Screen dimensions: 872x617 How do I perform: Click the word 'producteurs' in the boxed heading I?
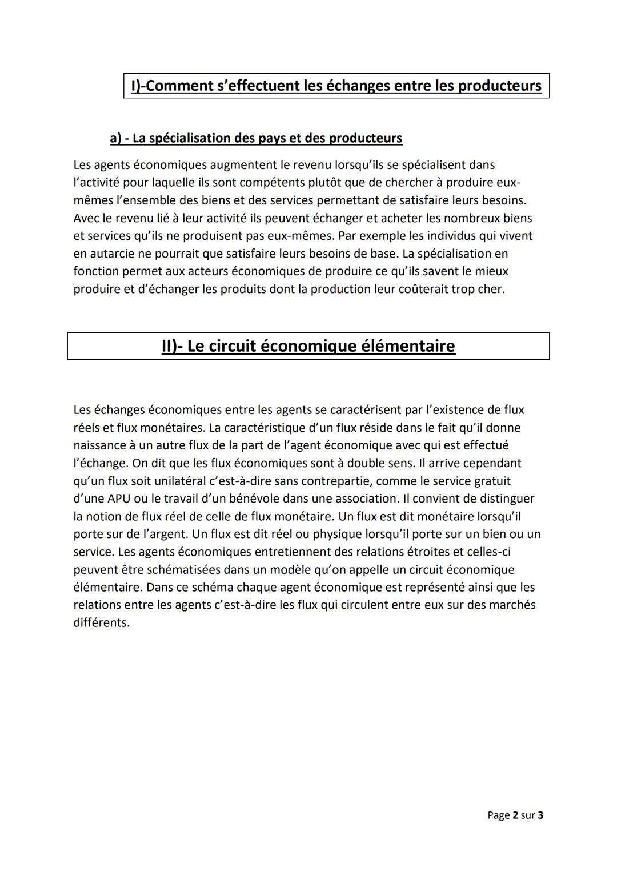coord(500,86)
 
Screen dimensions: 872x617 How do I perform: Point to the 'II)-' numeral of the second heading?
coord(171,346)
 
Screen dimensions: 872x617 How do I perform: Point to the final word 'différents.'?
coord(101,623)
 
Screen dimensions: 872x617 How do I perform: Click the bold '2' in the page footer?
coord(515,815)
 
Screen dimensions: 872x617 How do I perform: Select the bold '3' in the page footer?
coord(540,815)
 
